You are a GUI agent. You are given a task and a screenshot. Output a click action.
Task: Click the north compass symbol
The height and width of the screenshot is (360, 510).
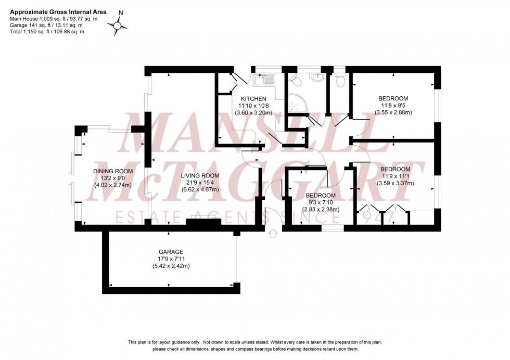118,24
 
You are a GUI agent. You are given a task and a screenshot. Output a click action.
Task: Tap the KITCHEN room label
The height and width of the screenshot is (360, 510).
253,99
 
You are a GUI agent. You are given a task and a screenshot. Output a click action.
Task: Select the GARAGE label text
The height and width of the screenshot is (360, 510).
168,252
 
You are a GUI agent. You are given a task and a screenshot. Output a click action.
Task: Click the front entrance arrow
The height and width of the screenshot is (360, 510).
272,235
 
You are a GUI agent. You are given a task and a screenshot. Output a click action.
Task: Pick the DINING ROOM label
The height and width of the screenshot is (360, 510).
113,171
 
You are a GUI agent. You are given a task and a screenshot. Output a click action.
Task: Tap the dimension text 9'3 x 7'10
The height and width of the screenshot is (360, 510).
321,203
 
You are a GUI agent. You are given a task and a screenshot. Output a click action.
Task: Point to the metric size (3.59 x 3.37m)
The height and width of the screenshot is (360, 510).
395,183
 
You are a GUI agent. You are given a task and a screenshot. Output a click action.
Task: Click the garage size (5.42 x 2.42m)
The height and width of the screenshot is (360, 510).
168,266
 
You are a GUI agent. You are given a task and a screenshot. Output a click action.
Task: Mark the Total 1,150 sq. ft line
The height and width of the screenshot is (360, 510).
47,32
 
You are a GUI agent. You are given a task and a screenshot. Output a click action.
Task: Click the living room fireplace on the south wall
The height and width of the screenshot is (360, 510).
203,222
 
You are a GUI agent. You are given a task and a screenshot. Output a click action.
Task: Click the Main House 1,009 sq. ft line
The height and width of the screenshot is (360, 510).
54,18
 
